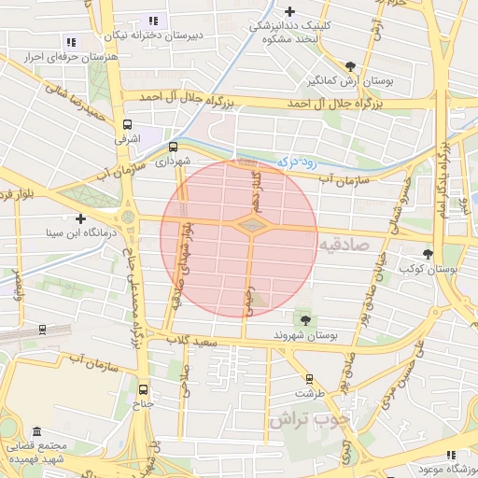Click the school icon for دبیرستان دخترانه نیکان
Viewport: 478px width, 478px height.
point(154,20)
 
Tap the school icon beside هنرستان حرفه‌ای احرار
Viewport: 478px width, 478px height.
point(72,41)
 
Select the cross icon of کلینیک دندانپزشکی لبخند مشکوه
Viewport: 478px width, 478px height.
point(290,12)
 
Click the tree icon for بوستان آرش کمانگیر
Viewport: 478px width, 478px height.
point(350,65)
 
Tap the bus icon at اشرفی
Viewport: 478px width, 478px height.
point(127,123)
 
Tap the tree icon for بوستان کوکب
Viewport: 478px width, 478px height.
point(428,253)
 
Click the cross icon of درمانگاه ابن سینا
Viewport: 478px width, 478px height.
point(81,218)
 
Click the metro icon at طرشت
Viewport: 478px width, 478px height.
point(310,379)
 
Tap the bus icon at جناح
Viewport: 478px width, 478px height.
point(143,389)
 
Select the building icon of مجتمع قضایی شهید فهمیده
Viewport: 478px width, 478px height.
point(36,432)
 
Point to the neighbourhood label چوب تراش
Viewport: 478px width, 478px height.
point(308,419)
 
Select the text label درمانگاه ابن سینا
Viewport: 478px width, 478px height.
point(74,232)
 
